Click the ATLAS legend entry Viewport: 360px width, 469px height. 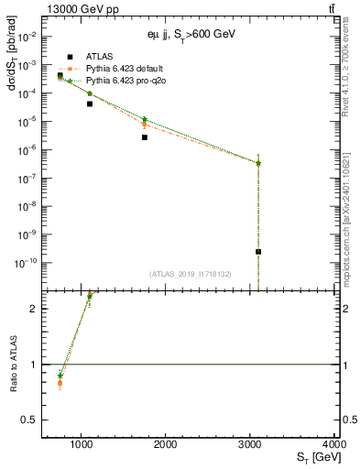click(98, 56)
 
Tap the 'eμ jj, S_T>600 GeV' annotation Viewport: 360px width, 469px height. click(191, 32)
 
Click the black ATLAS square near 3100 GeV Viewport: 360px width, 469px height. click(258, 251)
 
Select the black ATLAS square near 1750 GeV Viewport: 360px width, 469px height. click(145, 137)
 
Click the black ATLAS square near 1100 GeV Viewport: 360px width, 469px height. click(90, 104)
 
